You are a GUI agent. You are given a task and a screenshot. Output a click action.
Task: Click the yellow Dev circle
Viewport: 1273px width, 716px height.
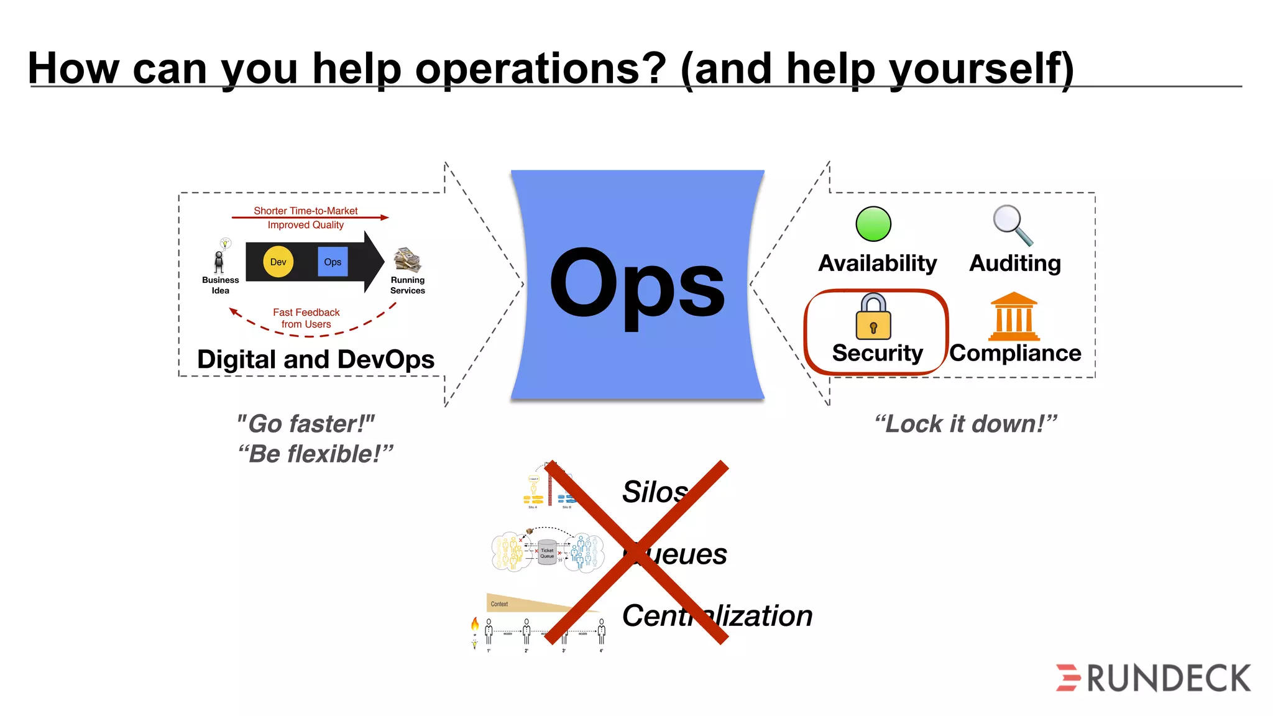(x=278, y=262)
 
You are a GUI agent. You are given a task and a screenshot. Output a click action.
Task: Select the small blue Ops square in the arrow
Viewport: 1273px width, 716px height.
(x=333, y=262)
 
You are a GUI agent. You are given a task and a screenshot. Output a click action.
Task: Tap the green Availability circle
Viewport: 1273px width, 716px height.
(x=873, y=224)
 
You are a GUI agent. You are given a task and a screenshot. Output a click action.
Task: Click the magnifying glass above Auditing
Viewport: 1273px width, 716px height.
(x=1012, y=225)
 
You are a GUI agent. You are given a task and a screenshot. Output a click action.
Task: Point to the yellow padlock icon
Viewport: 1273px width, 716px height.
(x=873, y=318)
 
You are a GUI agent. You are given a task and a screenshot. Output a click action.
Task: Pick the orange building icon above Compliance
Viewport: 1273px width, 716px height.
(x=1014, y=316)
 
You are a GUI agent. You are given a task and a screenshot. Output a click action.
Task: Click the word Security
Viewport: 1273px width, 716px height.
(x=877, y=353)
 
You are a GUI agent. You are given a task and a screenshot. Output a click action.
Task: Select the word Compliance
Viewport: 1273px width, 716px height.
(x=1015, y=353)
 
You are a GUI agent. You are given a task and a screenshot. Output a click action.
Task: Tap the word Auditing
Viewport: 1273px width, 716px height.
(x=1015, y=264)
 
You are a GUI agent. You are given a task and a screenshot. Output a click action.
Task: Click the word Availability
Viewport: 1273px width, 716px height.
(x=877, y=264)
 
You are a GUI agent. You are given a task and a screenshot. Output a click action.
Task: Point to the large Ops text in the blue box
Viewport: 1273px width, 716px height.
(x=637, y=285)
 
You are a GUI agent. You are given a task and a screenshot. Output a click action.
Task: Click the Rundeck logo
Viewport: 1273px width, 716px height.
(x=1153, y=677)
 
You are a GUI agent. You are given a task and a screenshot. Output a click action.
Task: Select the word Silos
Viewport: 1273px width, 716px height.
(x=655, y=492)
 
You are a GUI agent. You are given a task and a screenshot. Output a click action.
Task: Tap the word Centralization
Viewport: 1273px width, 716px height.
(x=717, y=616)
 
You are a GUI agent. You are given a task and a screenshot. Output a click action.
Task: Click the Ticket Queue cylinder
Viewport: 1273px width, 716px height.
(x=547, y=553)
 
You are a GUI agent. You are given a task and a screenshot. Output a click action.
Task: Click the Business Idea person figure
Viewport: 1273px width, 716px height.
(x=219, y=262)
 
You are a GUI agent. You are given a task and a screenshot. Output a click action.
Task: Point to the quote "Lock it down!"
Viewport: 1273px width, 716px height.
(x=965, y=424)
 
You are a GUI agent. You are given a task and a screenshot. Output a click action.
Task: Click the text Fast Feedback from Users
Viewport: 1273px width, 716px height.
(x=306, y=318)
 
